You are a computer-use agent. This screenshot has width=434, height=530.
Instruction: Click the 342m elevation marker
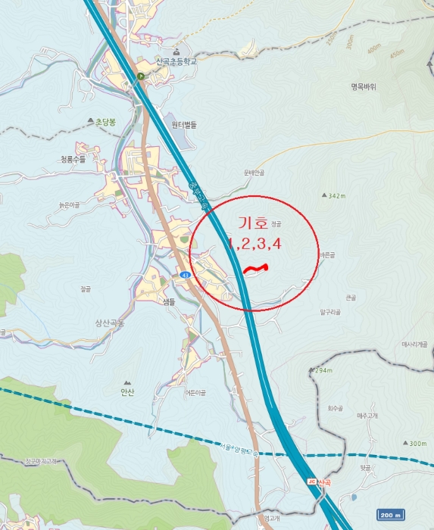tap(333, 195)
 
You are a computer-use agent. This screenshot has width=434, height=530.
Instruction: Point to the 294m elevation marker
tap(321, 371)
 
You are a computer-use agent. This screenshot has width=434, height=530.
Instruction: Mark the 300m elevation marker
tap(416, 443)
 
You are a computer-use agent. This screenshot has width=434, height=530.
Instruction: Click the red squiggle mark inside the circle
tap(258, 268)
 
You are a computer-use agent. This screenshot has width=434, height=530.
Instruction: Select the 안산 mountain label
tap(126, 391)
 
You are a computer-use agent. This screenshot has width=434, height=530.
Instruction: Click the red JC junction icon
tap(311, 482)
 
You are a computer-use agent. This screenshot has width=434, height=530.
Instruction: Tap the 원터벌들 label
tap(184, 124)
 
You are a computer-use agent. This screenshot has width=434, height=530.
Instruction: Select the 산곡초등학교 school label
tap(176, 61)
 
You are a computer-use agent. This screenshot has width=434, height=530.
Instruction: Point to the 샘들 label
tap(168, 301)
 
